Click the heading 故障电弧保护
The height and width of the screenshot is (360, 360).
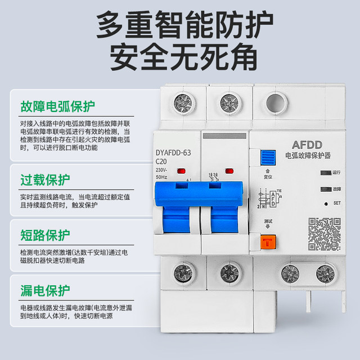(x=58, y=106)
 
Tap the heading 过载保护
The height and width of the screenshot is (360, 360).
(x=45, y=180)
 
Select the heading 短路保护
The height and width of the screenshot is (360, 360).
(x=45, y=235)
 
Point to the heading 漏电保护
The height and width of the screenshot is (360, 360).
(x=45, y=290)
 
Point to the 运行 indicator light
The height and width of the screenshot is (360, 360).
(x=325, y=173)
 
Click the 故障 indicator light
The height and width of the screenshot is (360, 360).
(x=325, y=190)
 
